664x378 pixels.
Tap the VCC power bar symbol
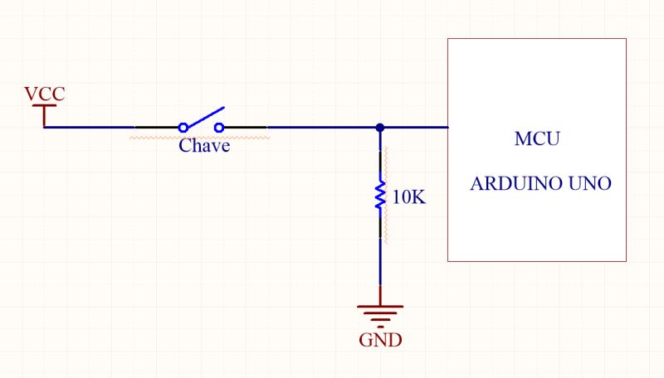[x=45, y=106]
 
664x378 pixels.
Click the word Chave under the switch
[x=204, y=146]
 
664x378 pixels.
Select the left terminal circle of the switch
[x=183, y=128]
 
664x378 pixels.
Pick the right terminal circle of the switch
[x=220, y=128]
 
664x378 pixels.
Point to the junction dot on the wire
[x=379, y=128]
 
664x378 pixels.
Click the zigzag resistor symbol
[x=380, y=196]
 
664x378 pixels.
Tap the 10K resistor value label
[x=408, y=197]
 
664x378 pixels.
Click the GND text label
[x=381, y=340]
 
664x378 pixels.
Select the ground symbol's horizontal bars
[x=380, y=312]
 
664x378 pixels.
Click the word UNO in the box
[x=588, y=183]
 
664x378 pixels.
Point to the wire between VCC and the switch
[x=91, y=128]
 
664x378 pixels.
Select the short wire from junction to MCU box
[x=415, y=128]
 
